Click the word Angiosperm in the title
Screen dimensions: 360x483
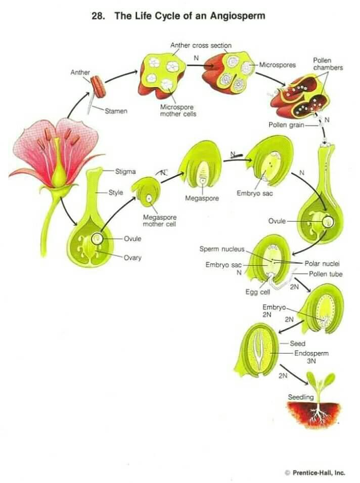click(x=238, y=16)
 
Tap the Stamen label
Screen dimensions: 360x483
click(x=116, y=111)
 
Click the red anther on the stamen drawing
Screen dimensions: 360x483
click(x=98, y=86)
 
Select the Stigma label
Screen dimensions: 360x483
click(x=125, y=171)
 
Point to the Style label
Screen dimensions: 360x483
click(x=116, y=193)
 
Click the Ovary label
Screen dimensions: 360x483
click(x=132, y=257)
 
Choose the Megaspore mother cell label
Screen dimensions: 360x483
click(x=159, y=221)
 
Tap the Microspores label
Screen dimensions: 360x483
click(x=278, y=65)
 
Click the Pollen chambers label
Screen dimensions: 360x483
click(x=328, y=64)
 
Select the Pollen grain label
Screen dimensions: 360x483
click(x=286, y=125)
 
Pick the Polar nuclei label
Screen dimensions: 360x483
click(x=322, y=264)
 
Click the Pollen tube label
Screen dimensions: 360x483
click(x=326, y=274)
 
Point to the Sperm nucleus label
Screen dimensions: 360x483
click(x=222, y=249)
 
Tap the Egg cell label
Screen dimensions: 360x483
click(x=258, y=292)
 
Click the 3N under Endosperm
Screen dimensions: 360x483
click(x=311, y=361)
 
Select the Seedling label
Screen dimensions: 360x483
click(x=300, y=397)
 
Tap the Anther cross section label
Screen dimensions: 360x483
click(x=201, y=46)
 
